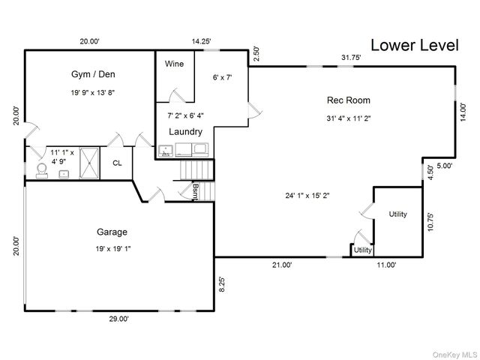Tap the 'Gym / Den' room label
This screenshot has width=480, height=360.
[88, 74]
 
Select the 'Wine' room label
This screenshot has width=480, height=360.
[174, 64]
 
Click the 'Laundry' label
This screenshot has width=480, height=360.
[184, 132]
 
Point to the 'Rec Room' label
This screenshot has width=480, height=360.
[348, 100]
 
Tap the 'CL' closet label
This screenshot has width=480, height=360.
[117, 163]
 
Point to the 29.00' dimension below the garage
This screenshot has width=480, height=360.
[118, 319]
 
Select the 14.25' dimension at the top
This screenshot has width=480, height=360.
[201, 42]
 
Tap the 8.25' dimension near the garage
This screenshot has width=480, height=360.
[221, 284]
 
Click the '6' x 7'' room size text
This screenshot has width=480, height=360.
[223, 76]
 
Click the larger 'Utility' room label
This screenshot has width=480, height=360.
[397, 214]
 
